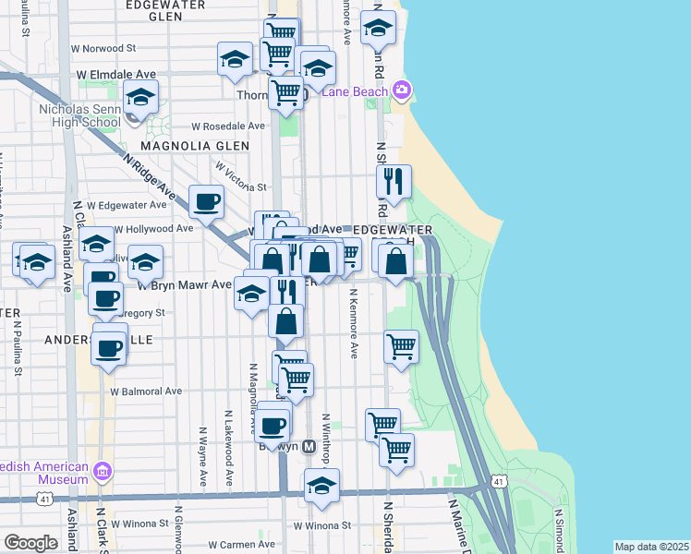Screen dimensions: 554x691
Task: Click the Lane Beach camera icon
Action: point(402,90)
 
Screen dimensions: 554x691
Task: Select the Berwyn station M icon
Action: point(309,446)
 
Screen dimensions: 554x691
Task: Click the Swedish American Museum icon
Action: point(103,473)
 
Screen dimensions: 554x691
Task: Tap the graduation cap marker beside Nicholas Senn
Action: point(140,97)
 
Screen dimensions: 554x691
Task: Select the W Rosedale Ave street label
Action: point(228,126)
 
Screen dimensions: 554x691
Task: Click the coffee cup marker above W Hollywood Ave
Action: point(207,200)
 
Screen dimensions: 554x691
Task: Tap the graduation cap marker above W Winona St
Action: point(321,486)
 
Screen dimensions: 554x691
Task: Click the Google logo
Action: point(30,543)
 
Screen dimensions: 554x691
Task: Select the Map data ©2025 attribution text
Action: point(651,547)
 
